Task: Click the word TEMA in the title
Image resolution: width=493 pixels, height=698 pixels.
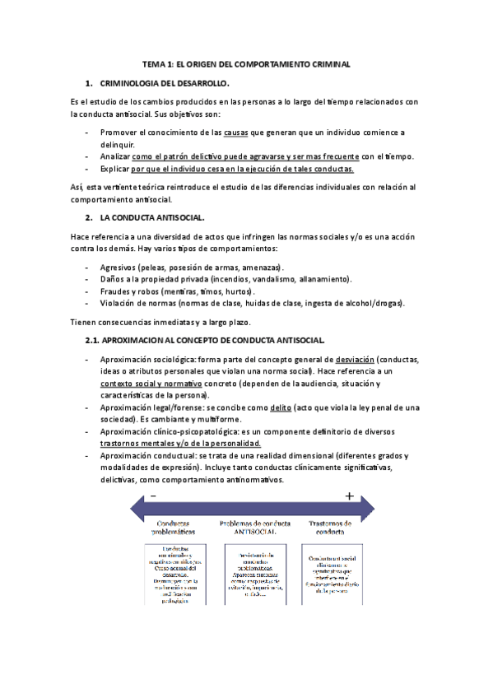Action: click(x=154, y=63)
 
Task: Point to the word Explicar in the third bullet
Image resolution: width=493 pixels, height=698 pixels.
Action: click(x=117, y=169)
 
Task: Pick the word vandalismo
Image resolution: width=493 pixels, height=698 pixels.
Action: click(x=262, y=279)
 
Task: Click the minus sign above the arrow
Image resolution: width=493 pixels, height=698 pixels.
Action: click(x=153, y=496)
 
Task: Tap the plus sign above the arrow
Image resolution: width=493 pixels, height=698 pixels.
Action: click(x=349, y=496)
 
